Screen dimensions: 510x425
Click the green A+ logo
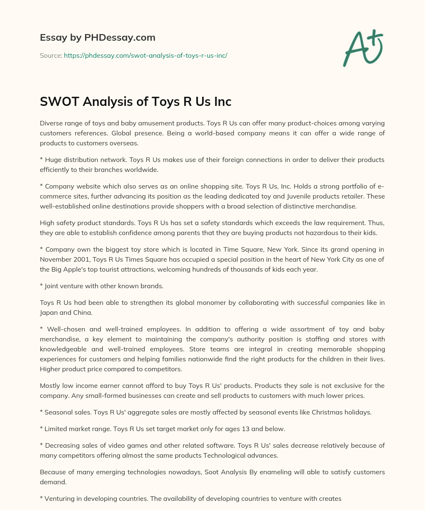click(363, 48)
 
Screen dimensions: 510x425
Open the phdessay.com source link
click(145, 55)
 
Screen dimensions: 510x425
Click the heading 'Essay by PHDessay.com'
click(98, 37)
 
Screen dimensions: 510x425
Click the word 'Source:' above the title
click(51, 55)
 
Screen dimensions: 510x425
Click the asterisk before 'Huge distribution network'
click(42, 160)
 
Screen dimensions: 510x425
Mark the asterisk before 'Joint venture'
click(42, 286)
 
